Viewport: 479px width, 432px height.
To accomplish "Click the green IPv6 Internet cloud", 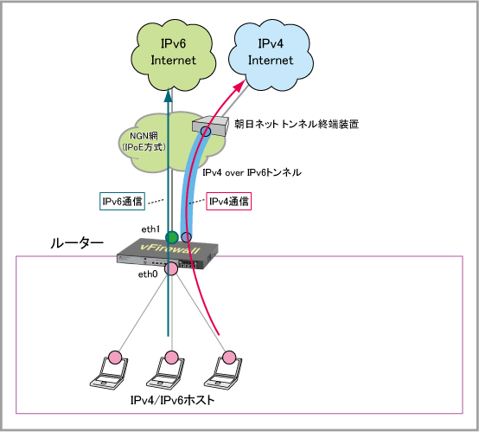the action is point(173,55).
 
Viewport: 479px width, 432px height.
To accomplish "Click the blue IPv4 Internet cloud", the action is point(271,55).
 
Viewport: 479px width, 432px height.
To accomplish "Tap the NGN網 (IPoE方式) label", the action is point(144,142).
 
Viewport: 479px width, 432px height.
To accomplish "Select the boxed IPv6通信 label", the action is point(122,202).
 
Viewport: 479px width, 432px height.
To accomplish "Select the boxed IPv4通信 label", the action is point(229,202).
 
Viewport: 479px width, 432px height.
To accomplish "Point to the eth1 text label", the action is point(150,229).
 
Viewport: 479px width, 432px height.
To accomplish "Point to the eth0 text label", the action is point(148,274).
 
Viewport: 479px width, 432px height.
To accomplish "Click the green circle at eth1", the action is point(172,237).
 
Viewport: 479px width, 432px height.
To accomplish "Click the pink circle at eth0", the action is point(171,268).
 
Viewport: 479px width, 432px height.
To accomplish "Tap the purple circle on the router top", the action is point(187,237).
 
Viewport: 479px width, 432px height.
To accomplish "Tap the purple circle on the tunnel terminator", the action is point(206,132).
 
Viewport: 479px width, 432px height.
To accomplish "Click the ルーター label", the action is point(77,243).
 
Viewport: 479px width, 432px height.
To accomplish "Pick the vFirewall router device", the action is point(168,254).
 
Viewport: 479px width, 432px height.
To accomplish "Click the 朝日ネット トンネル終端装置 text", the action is point(297,124).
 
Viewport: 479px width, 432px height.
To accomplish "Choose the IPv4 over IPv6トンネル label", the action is point(252,173).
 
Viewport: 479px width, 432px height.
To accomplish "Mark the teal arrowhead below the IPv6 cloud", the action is point(168,95).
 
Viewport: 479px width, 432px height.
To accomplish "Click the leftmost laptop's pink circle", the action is point(115,358).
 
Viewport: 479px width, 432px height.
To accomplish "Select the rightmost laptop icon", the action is point(223,371).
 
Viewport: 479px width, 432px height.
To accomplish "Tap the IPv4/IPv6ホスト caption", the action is point(173,400).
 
